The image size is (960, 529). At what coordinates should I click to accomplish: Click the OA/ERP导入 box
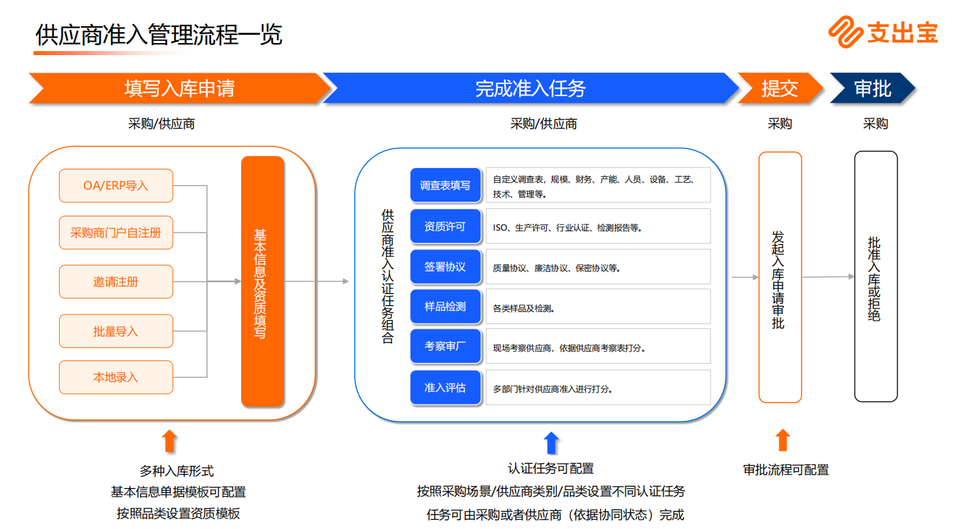click(116, 186)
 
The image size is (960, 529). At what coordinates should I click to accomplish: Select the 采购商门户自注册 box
click(116, 233)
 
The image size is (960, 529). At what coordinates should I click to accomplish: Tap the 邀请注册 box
click(116, 282)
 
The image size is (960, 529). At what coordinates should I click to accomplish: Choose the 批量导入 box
click(116, 331)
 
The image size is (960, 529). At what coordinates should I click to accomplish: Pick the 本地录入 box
click(116, 377)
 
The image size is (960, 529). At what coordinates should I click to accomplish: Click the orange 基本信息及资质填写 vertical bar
click(262, 282)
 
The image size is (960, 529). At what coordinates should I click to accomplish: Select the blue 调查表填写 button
click(445, 186)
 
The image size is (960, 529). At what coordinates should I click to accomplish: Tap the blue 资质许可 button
click(445, 227)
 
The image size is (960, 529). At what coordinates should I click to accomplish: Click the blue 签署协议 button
click(445, 267)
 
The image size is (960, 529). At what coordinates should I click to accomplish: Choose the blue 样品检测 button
click(445, 307)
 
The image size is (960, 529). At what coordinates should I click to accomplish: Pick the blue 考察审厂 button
click(445, 347)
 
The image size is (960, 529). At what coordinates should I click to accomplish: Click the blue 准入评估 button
click(445, 388)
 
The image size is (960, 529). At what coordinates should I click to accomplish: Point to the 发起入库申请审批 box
click(779, 277)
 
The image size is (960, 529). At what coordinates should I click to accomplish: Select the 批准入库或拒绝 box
click(875, 276)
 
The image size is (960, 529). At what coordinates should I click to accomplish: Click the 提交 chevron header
click(779, 88)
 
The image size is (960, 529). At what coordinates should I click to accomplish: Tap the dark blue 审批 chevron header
click(872, 88)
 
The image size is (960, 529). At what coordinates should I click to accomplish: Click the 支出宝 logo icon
click(845, 32)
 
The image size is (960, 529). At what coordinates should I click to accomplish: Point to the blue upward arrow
click(551, 442)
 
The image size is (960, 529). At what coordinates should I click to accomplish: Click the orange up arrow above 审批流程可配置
click(782, 440)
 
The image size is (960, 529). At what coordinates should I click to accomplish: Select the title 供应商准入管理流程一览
click(159, 35)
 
